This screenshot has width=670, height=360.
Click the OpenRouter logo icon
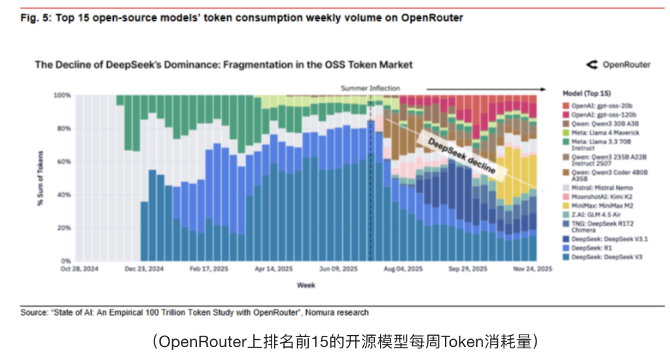pyautogui.click(x=592, y=64)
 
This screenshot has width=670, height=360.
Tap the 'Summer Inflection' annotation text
pyautogui.click(x=370, y=88)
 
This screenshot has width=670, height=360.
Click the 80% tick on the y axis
pyautogui.click(x=63, y=128)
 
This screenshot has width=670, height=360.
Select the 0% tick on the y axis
pyautogui.click(x=65, y=261)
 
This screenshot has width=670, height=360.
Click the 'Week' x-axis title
pyautogui.click(x=306, y=285)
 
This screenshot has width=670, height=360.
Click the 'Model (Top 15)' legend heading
pyautogui.click(x=587, y=94)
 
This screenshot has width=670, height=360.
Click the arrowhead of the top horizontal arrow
pyautogui.click(x=543, y=88)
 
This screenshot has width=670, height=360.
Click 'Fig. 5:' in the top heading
pyautogui.click(x=37, y=18)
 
